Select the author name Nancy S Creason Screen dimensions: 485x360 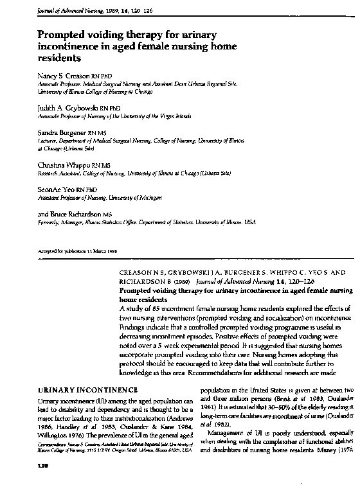(x=64, y=76)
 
